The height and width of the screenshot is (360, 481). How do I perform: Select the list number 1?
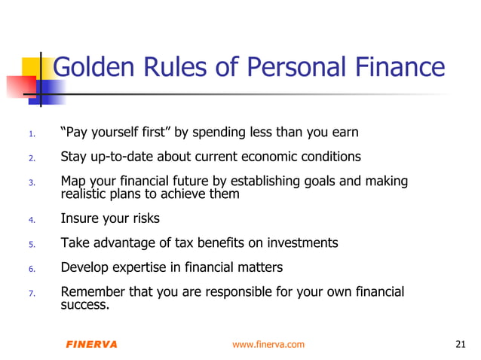[32, 136]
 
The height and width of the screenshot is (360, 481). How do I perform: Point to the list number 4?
[32, 221]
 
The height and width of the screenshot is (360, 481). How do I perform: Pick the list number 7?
[32, 294]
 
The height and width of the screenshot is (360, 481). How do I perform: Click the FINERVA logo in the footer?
[91, 344]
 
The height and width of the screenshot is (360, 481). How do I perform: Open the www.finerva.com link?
[268, 344]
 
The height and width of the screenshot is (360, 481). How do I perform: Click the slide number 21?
[461, 344]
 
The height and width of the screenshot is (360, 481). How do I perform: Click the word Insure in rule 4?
[80, 219]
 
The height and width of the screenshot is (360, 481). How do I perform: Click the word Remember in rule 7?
[91, 291]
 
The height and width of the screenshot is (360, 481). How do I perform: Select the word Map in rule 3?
[72, 182]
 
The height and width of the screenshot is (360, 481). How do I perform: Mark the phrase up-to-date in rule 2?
[121, 157]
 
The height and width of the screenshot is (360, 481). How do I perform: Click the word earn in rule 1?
[344, 133]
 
